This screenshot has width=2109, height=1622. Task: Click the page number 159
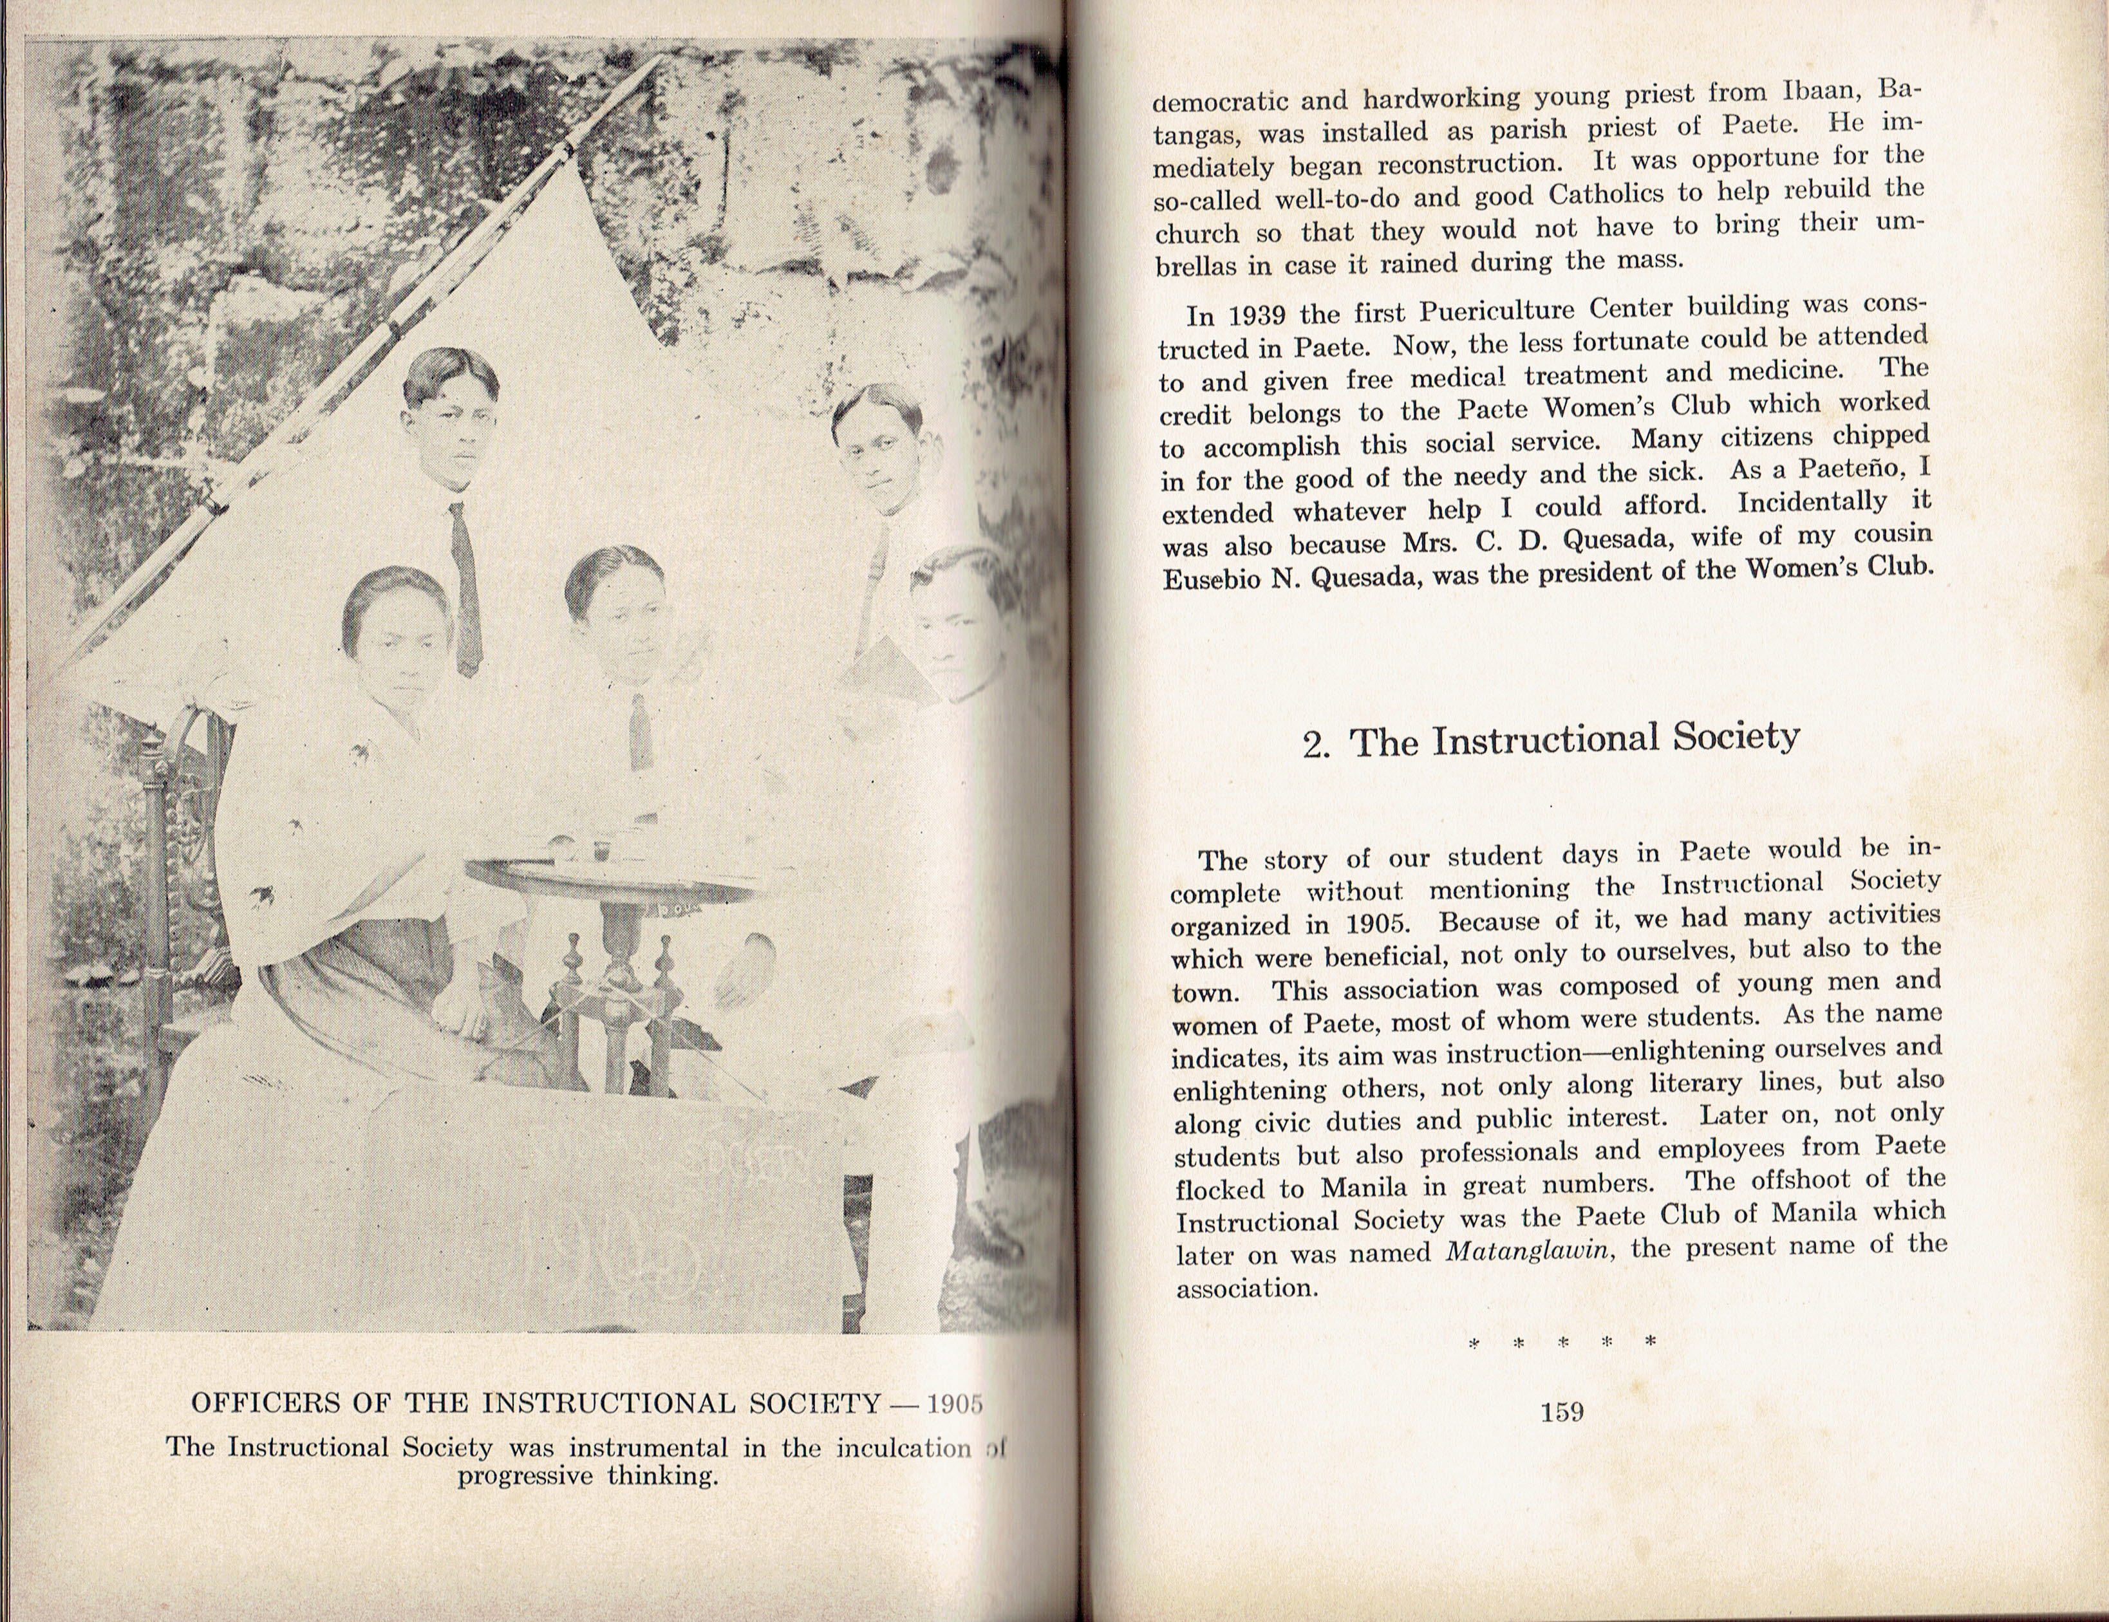pos(1562,1412)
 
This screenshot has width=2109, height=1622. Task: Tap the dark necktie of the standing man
pos(467,589)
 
